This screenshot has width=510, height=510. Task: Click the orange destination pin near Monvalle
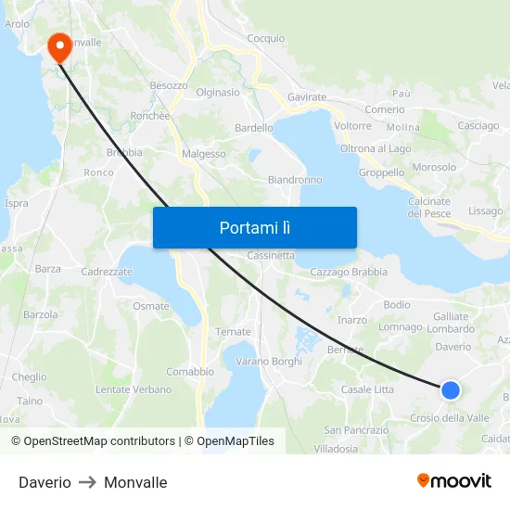click(59, 46)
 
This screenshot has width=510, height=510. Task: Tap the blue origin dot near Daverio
click(450, 390)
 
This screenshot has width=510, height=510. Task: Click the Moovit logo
click(454, 480)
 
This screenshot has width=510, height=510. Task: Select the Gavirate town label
click(307, 97)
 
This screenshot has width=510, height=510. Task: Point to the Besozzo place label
click(169, 85)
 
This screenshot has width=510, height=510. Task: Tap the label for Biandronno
click(294, 180)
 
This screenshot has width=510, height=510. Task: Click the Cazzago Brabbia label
click(349, 272)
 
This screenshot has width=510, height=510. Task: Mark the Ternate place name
click(233, 332)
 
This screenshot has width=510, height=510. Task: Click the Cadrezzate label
click(108, 272)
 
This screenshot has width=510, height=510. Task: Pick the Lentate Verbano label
click(134, 390)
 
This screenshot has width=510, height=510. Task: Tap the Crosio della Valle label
click(449, 418)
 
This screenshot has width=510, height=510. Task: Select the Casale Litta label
click(367, 389)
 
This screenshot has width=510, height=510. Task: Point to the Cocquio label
click(267, 38)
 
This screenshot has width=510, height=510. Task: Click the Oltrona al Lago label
click(376, 148)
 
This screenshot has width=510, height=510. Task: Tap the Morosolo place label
click(434, 168)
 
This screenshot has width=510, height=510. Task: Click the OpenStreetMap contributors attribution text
click(99, 441)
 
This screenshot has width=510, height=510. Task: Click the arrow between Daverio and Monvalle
click(87, 482)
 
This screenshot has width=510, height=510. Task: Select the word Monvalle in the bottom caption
click(135, 482)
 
